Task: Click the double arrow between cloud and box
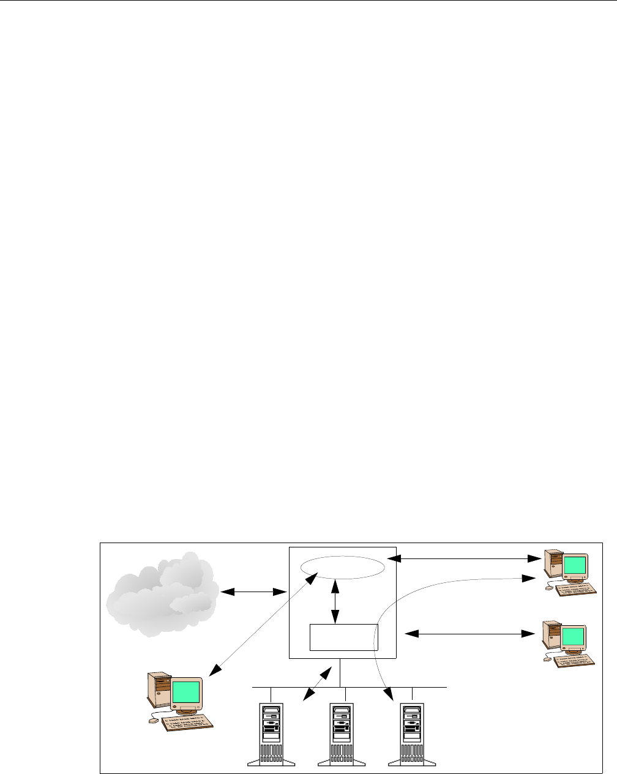coord(255,592)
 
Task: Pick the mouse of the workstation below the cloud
coord(154,721)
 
